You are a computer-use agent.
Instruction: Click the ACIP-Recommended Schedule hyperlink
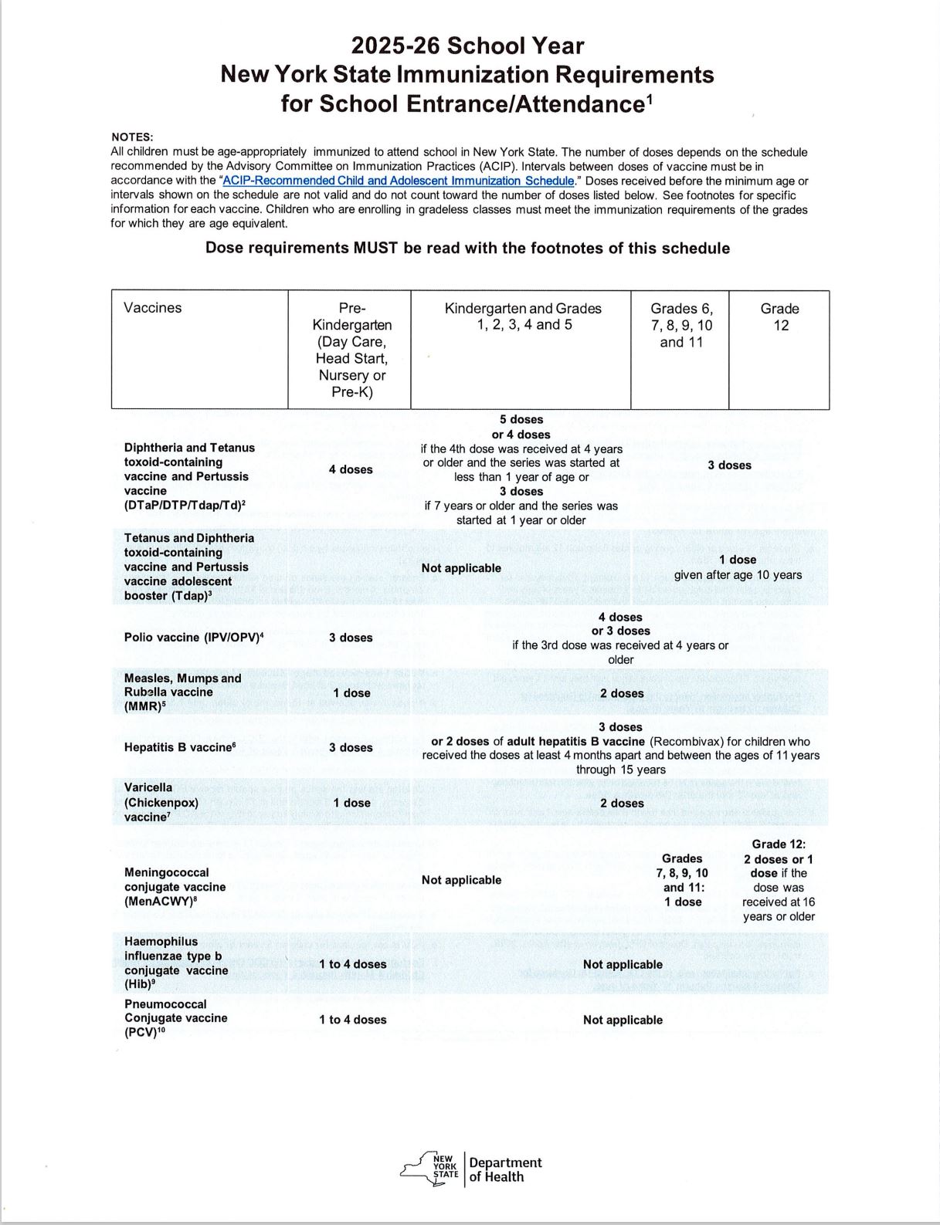398,181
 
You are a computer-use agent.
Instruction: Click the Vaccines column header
153,308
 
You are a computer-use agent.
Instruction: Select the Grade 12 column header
779,316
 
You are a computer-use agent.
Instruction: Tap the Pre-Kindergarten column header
351,350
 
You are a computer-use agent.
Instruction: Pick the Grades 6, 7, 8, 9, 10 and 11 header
681,325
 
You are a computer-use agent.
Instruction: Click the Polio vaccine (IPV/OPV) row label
194,638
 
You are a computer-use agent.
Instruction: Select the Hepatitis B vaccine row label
180,747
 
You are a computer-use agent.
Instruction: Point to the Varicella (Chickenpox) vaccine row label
161,802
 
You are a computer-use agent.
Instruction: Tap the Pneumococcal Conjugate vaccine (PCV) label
176,1018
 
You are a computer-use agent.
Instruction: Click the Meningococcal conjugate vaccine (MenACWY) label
175,886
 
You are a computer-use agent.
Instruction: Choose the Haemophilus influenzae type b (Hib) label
176,963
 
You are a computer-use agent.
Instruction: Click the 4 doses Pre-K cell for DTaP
351,469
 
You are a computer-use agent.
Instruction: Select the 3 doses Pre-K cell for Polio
351,638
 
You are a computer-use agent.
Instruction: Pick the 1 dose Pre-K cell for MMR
351,693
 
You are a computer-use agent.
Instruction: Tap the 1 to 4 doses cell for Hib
353,964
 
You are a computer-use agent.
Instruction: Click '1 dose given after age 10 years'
738,567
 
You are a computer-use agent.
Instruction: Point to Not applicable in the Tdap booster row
461,568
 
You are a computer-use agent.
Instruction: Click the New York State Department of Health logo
471,1169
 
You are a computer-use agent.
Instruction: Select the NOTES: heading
132,137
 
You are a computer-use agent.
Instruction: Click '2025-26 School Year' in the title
467,46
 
